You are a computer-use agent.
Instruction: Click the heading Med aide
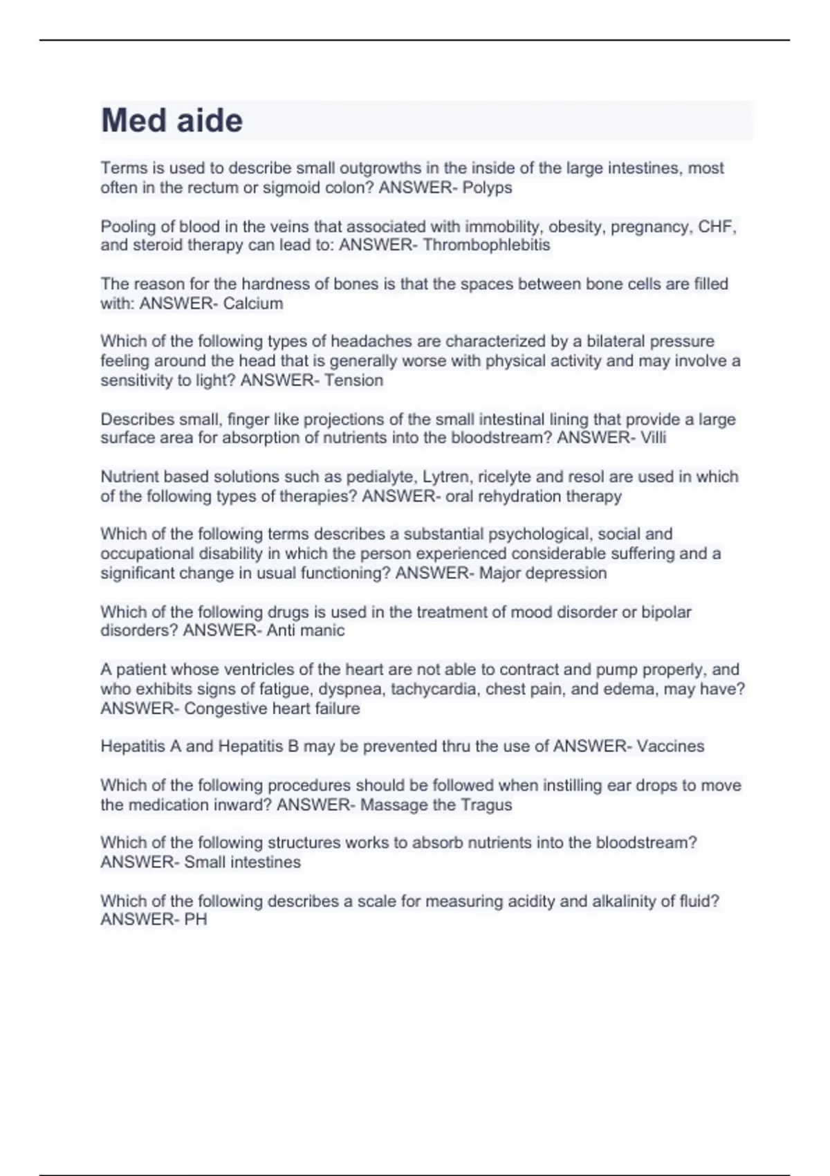coord(172,120)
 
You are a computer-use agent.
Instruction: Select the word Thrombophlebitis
coord(486,245)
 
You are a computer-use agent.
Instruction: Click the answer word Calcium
coord(252,303)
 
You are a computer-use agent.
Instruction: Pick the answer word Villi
coord(653,437)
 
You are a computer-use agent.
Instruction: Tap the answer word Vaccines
coord(670,746)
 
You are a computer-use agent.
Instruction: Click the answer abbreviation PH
coord(195,919)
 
